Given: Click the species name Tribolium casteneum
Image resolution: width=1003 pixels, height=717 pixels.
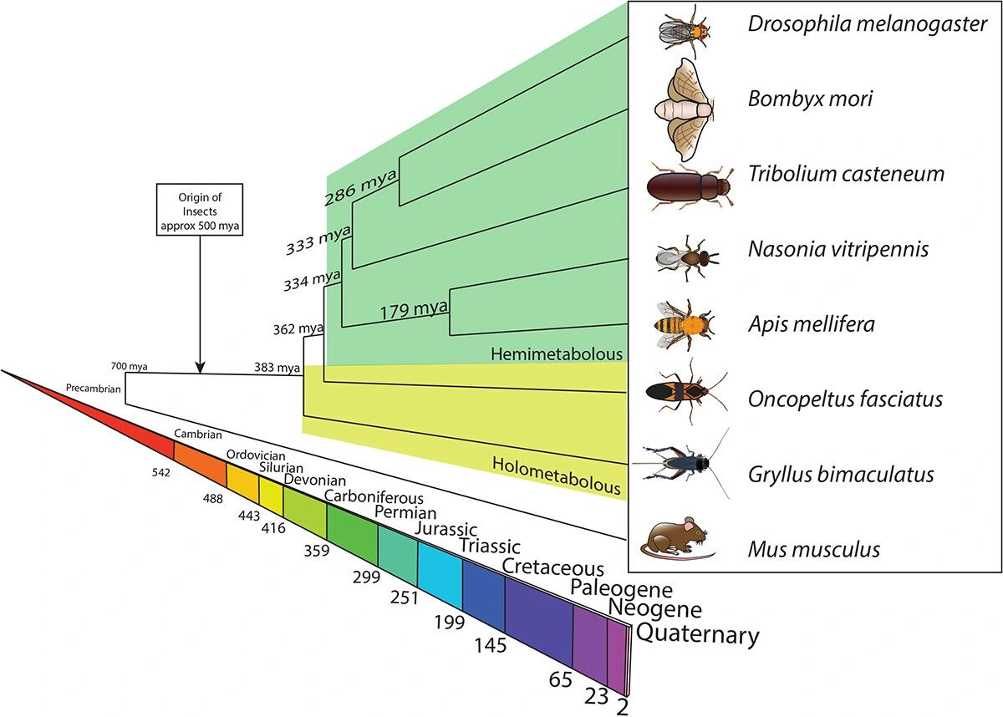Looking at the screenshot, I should pos(846,175).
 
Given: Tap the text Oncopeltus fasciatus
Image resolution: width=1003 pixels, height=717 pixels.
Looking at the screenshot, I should pos(845,399).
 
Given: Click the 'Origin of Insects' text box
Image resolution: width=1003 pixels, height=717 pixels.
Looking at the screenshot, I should pos(199,210).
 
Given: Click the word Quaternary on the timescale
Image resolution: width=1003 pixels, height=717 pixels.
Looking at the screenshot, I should pos(698,634).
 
